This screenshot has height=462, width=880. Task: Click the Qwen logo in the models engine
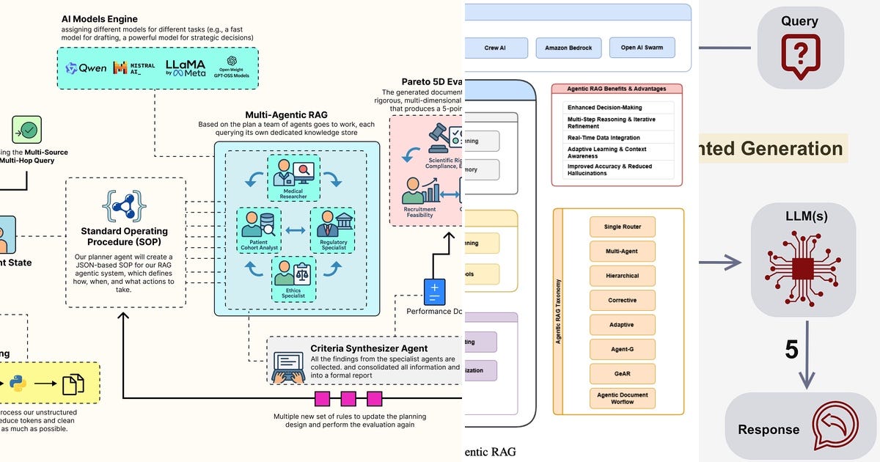click(86, 68)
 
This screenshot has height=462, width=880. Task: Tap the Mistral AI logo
click(133, 68)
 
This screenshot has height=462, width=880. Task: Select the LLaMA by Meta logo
click(185, 67)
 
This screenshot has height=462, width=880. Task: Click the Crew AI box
click(495, 48)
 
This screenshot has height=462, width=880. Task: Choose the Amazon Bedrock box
click(568, 48)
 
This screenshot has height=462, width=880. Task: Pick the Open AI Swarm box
click(642, 48)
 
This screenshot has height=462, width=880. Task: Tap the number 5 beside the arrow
click(791, 350)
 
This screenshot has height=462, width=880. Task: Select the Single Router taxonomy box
click(622, 227)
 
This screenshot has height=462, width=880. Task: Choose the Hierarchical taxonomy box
click(622, 276)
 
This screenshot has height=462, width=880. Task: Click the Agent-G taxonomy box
click(622, 349)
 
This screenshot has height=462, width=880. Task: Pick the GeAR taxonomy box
click(622, 373)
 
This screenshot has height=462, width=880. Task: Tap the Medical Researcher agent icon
click(293, 174)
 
